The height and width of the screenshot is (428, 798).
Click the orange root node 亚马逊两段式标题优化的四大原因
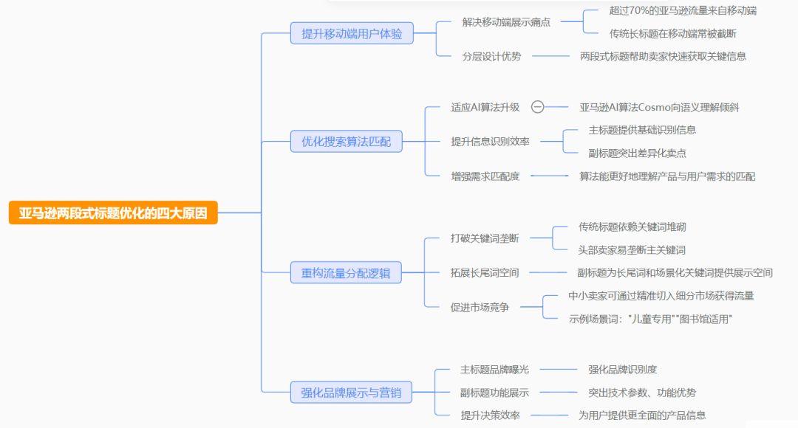[x=113, y=213]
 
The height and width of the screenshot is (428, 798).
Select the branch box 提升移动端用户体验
[x=352, y=33]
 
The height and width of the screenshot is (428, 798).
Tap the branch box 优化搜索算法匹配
[x=346, y=141]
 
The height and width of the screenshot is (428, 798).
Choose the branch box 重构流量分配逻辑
[x=346, y=273]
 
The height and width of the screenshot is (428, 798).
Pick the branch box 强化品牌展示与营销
[x=351, y=393]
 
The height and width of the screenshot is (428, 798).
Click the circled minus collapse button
[x=538, y=107]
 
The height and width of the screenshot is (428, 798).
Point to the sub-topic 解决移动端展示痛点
[x=506, y=22]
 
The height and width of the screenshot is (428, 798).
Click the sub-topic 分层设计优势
[x=491, y=56]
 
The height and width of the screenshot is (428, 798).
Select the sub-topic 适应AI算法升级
[x=485, y=107]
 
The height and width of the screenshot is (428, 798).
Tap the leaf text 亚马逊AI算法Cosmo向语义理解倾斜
[x=659, y=107]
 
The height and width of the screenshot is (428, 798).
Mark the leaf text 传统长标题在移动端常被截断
[x=672, y=33]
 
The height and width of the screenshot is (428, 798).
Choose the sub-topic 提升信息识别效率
[x=490, y=141]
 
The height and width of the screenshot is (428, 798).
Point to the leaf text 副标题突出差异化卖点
[x=637, y=153]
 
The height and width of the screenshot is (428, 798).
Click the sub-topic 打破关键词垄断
[x=485, y=238]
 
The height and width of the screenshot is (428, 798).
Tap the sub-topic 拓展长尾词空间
[x=485, y=272]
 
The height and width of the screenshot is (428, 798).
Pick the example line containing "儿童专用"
[x=650, y=319]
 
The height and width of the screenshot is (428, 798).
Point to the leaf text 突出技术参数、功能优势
[x=641, y=393]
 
